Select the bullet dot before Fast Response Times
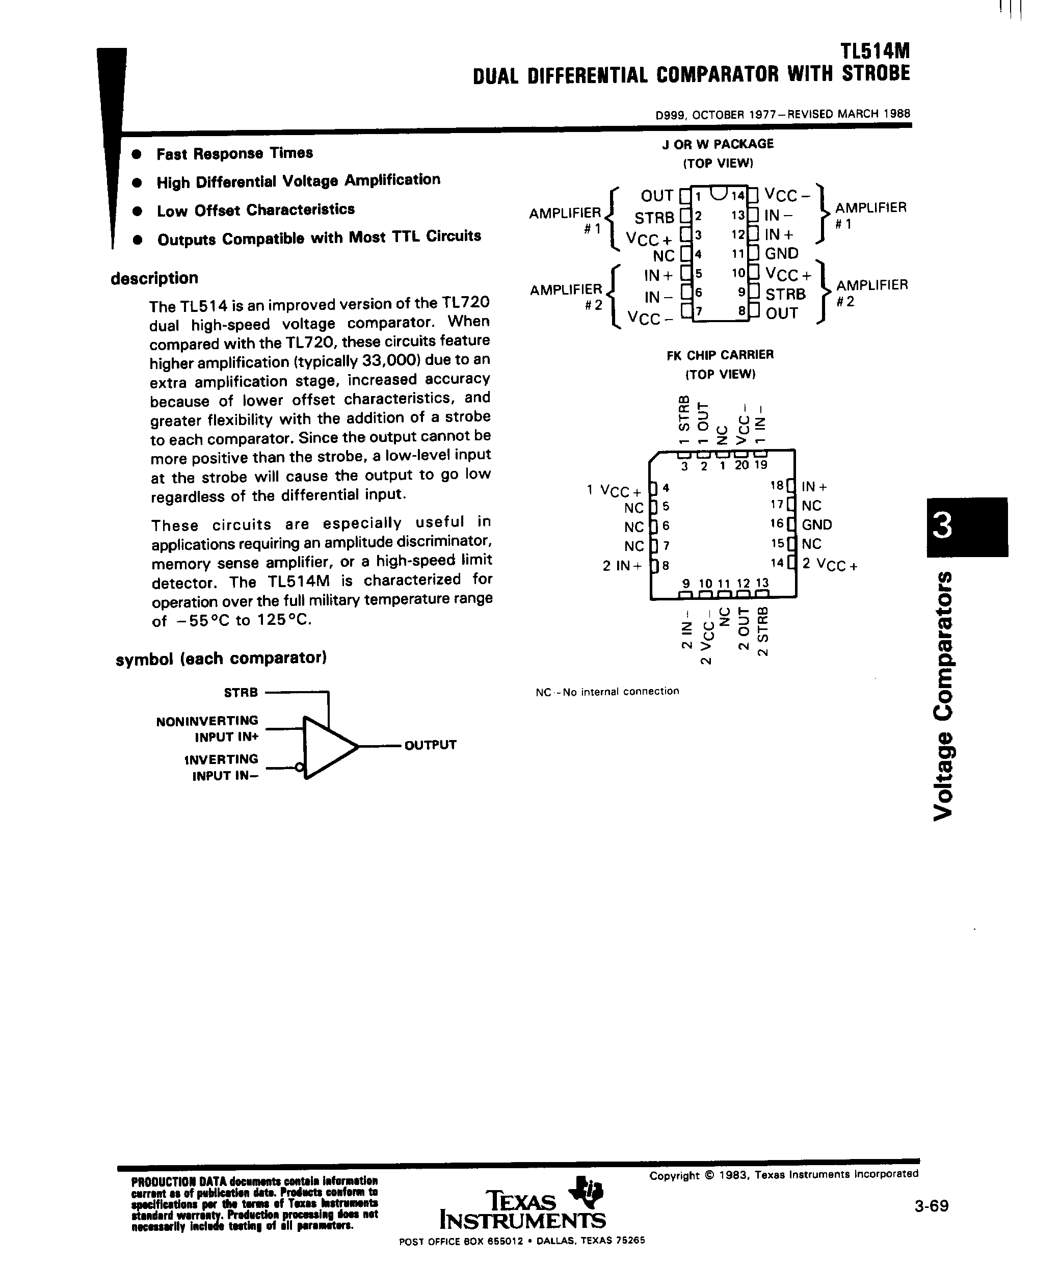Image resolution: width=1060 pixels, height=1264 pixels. [137, 154]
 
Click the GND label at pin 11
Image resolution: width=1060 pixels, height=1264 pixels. [781, 253]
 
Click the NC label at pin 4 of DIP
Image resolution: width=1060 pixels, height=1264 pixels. [664, 256]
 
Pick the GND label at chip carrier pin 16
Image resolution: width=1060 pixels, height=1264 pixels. [817, 524]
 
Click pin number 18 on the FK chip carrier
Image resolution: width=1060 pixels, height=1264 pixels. [777, 485]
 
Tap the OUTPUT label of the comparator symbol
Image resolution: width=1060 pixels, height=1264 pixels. [431, 745]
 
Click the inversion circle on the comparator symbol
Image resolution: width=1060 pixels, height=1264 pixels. [299, 768]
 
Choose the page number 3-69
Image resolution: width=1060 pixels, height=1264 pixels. [931, 1205]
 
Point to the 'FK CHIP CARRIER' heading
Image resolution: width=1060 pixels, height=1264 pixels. [720, 355]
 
